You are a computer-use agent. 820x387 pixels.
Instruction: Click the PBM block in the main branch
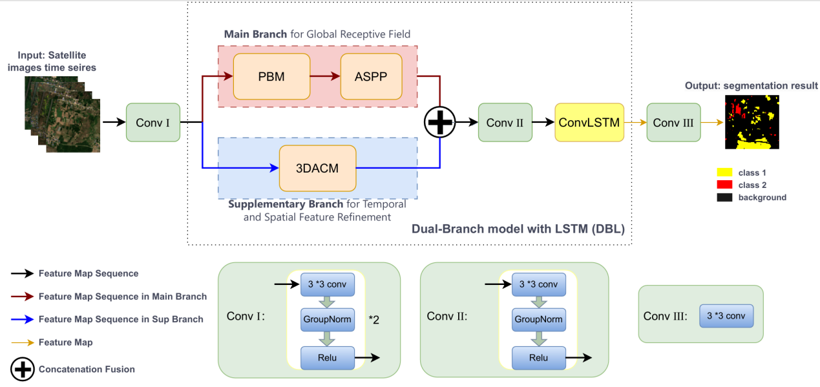[271, 77]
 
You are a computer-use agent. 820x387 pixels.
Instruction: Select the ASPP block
[371, 77]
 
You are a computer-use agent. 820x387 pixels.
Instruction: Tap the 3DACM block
[317, 168]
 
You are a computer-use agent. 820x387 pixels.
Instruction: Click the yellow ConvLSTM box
[589, 122]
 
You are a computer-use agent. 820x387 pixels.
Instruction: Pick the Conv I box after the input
[153, 122]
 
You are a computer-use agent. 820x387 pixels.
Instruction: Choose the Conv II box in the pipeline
[505, 122]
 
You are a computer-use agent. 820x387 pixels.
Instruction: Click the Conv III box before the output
[673, 122]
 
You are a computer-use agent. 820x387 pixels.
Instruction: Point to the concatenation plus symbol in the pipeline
[440, 121]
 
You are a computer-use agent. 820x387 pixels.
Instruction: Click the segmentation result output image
[752, 122]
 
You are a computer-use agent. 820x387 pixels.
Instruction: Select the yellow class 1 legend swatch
[724, 173]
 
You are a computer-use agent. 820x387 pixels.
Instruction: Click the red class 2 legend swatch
[724, 185]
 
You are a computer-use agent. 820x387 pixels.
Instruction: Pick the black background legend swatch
[724, 197]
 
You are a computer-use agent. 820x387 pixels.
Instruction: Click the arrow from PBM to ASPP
[324, 77]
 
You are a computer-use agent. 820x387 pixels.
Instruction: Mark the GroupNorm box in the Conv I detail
[327, 319]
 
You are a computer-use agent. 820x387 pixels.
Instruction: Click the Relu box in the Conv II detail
[538, 357]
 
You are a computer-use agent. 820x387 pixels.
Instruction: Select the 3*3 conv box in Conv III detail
[726, 316]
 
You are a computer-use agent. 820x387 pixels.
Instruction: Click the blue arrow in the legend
[23, 319]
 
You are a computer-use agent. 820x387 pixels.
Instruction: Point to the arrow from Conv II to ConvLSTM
[543, 122]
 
